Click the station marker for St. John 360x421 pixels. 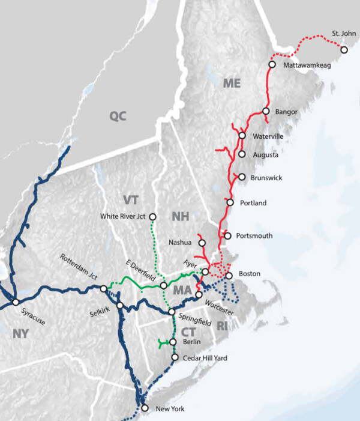tap(344, 50)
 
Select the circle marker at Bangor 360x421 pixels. tap(265, 111)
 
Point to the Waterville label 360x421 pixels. tap(268, 136)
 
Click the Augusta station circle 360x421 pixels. tap(242, 154)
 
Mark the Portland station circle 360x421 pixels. tap(230, 202)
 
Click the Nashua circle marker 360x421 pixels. tap(202, 243)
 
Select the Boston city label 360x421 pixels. tap(249, 274)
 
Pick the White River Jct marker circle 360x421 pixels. tap(152, 216)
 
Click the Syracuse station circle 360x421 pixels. tap(16, 301)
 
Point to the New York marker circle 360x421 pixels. tap(144, 408)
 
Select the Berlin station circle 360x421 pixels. tap(173, 342)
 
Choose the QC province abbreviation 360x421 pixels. tap(118, 116)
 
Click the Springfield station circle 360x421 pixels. tap(172, 312)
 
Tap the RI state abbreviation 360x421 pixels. tap(223, 326)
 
